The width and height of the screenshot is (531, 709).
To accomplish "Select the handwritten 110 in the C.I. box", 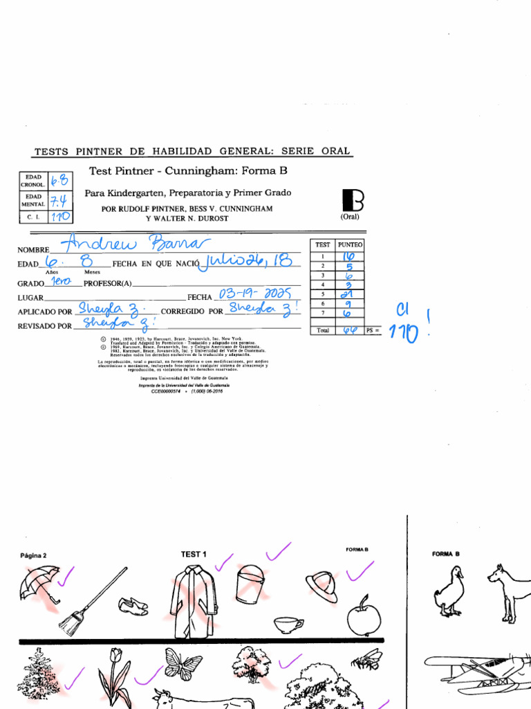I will click(x=61, y=217).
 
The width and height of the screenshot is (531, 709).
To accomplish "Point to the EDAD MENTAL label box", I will click(x=32, y=200).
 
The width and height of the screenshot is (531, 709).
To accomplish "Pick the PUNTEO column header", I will click(x=350, y=244).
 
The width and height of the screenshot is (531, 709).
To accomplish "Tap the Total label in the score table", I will click(x=323, y=331).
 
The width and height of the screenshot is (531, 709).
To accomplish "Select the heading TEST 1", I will click(x=194, y=554).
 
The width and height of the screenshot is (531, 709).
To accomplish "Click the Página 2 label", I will click(x=33, y=555).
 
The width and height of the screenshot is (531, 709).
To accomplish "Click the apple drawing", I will click(x=364, y=617).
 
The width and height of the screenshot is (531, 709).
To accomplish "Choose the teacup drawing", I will click(x=288, y=625).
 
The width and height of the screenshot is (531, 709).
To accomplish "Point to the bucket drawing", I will click(x=250, y=583).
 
